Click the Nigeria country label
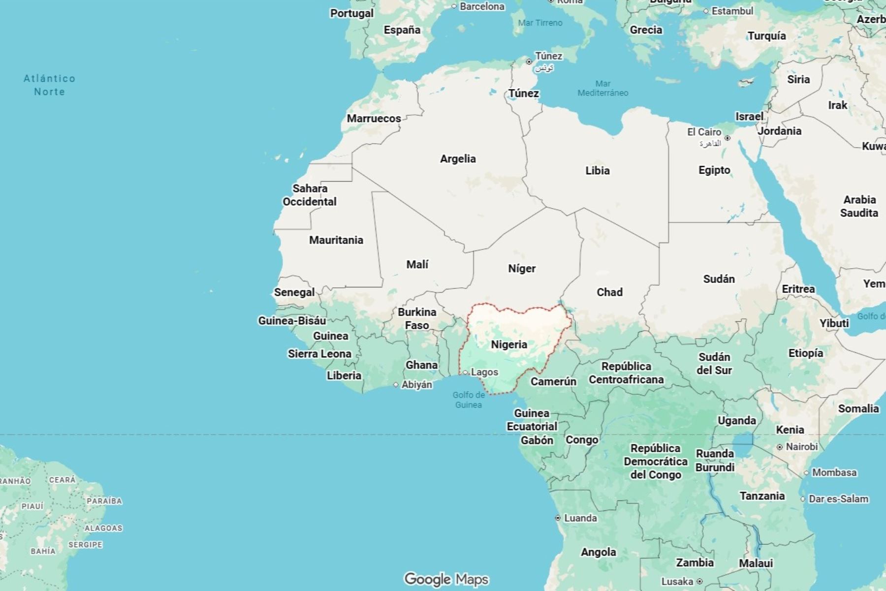pos(509,344)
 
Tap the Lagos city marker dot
pos(465,373)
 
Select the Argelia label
pos(458,159)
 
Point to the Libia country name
pos(597,171)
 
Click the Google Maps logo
pos(446,579)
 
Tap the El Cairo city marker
pos(728,138)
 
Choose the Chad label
pos(609,292)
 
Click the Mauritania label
pos(336,240)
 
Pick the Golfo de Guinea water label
pos(468,400)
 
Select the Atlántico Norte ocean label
pos(49,85)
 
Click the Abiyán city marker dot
pos(396,385)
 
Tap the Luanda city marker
pos(558,518)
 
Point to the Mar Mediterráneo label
pos(602,88)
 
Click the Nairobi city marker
pos(780,447)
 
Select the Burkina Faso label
pos(417,318)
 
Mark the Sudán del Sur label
pos(714,364)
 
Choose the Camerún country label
pos(553,381)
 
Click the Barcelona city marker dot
pos(454,6)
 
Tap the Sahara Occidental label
pos(310,195)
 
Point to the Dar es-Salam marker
pos(803,499)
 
